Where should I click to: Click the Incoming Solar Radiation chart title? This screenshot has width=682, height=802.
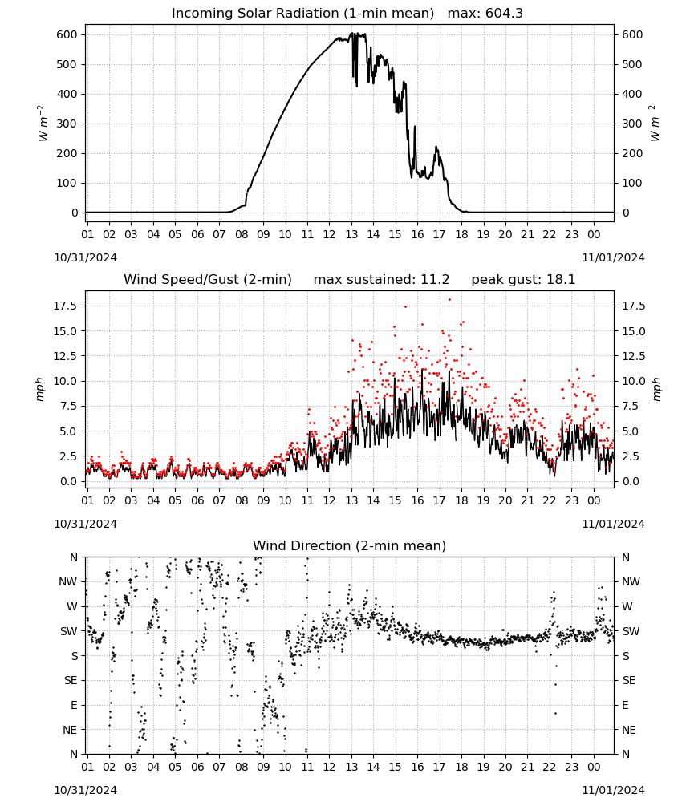coord(302,14)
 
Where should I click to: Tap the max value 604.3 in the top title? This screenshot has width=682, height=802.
coord(504,14)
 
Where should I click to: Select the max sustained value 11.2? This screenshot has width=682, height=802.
coord(435,280)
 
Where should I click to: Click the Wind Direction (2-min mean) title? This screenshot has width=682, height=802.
coord(350,545)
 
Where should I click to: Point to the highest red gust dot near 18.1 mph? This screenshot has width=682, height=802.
coord(450,300)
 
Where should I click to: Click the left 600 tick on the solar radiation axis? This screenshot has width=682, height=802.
coord(67,34)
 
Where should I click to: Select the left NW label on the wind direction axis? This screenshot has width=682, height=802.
coord(68,582)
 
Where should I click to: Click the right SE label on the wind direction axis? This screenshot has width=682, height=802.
coord(629,681)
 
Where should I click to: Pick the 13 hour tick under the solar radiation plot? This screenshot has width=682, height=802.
coord(351,234)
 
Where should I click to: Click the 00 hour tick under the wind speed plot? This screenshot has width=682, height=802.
coord(594,500)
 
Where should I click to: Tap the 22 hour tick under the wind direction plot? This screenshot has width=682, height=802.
coord(550,767)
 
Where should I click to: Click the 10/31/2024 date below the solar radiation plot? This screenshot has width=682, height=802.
coord(85,257)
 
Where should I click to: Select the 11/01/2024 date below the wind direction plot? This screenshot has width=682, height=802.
coord(613,790)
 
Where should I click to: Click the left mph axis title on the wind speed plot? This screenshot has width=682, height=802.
coord(40,389)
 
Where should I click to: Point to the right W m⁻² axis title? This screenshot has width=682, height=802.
coord(655,123)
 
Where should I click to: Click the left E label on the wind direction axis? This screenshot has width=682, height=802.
coord(74,705)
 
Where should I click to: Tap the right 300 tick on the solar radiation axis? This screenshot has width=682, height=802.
coord(632,124)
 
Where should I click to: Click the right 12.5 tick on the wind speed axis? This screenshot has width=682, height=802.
coord(633,356)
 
